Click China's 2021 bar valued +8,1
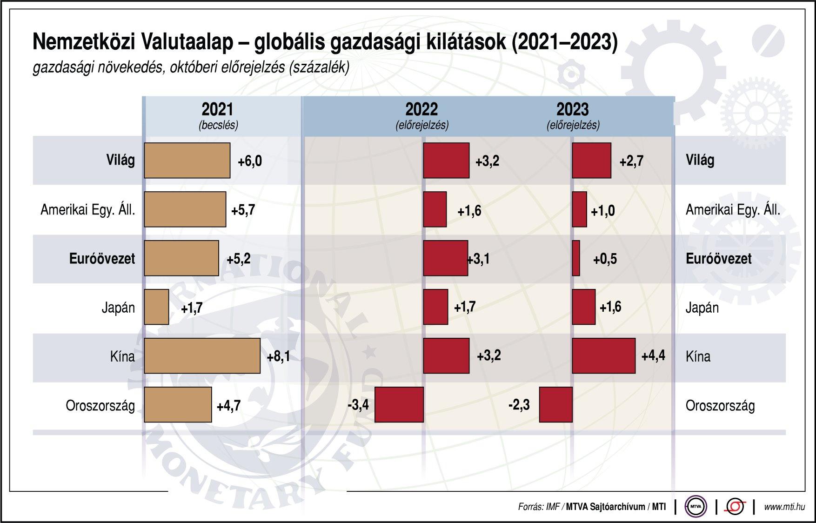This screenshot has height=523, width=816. [x=202, y=356]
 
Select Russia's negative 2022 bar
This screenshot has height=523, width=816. [x=399, y=404]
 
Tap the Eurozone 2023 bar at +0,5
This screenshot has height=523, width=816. [x=576, y=258]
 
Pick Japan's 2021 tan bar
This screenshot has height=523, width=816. [x=156, y=307]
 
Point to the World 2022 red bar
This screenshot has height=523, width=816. [x=446, y=161]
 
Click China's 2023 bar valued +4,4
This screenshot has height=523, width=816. [x=603, y=356]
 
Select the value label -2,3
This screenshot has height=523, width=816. [x=519, y=405]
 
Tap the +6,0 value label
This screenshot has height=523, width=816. [x=249, y=161]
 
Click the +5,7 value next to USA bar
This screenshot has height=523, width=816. [x=243, y=210]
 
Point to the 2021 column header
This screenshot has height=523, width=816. [x=217, y=110]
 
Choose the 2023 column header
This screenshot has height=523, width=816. [x=573, y=110]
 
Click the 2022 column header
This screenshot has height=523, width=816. [x=421, y=110]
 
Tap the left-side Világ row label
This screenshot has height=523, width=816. [x=120, y=161]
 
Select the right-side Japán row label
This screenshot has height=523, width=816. [x=702, y=308]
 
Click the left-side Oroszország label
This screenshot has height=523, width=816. [x=100, y=406]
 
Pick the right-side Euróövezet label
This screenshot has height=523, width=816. [x=718, y=259]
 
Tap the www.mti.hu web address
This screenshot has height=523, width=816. [x=784, y=507]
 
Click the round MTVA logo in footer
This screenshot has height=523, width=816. [x=696, y=507]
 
